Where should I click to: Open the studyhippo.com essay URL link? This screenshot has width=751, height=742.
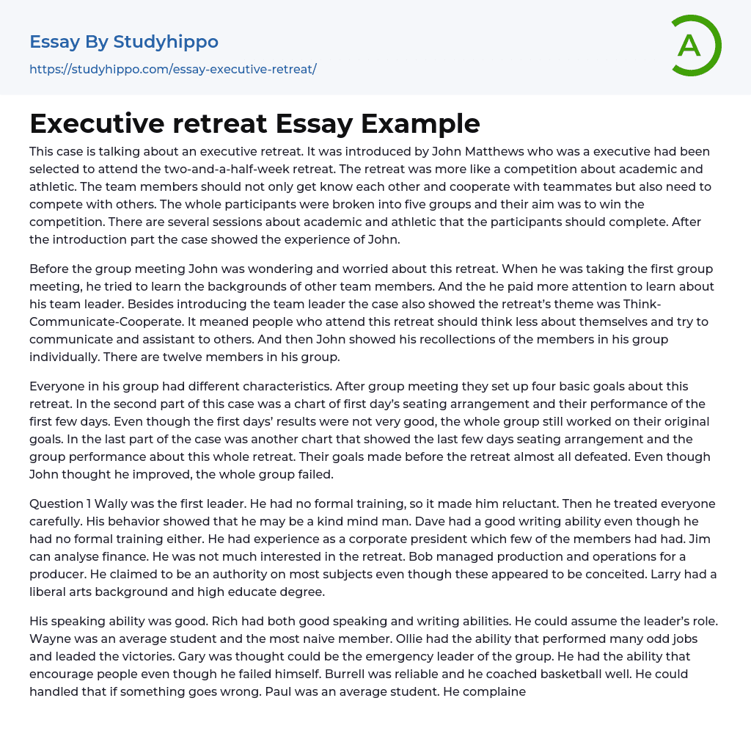pyautogui.click(x=173, y=69)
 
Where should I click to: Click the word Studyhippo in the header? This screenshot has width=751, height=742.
pyautogui.click(x=166, y=42)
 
